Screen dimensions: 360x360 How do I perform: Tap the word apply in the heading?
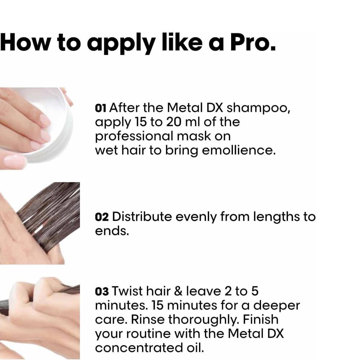click(x=121, y=44)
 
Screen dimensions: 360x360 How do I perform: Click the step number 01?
click(x=100, y=108)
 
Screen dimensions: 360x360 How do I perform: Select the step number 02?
click(x=102, y=217)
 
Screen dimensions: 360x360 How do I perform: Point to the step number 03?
click(x=102, y=292)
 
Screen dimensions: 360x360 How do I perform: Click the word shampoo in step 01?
click(x=258, y=108)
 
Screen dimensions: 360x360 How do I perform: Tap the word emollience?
click(x=239, y=150)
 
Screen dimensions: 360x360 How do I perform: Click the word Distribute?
click(x=142, y=216)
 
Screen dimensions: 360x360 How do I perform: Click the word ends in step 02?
click(x=112, y=231)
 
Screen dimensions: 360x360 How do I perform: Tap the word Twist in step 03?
click(x=127, y=291)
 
